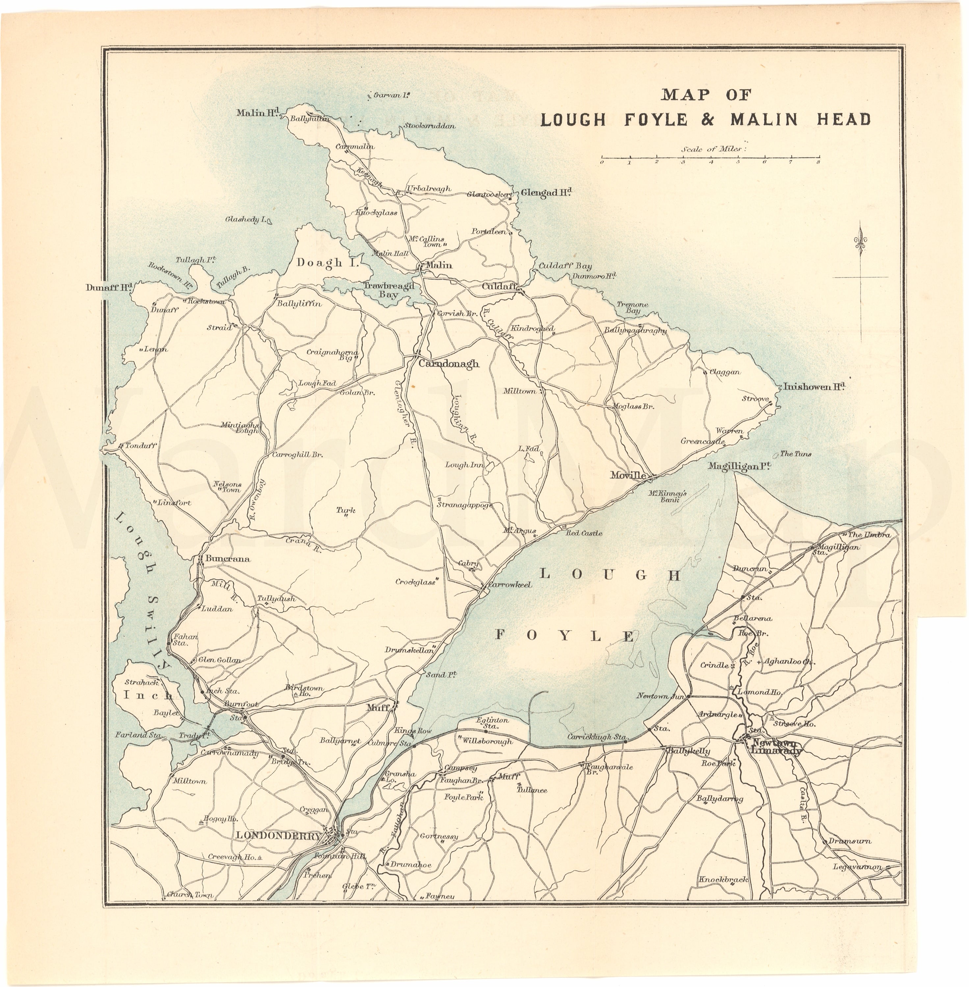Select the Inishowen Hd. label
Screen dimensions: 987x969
tap(814, 387)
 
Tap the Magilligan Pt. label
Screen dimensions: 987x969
tap(740, 466)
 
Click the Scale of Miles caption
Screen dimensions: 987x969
tap(714, 149)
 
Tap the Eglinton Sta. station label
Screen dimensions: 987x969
tap(492, 723)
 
